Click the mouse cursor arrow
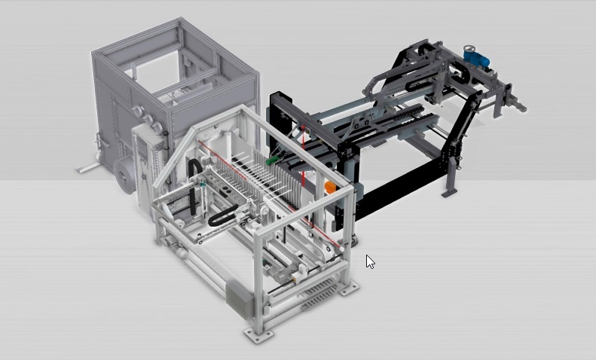tap(369, 261)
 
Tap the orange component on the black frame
tap(330, 186)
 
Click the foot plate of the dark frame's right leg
tap(449, 193)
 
